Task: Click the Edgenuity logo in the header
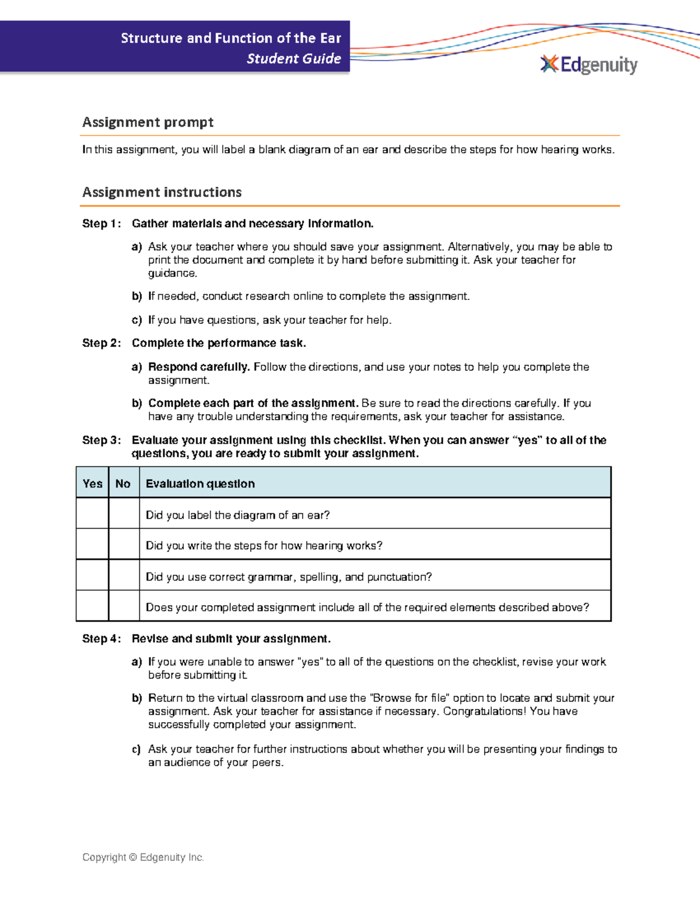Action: click(589, 64)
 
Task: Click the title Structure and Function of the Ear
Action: click(230, 39)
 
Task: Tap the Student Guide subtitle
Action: click(293, 58)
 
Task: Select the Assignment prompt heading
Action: click(148, 122)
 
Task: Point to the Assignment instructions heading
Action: click(162, 192)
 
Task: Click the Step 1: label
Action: click(101, 223)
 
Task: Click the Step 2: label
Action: click(101, 343)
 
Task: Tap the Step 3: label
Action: click(101, 440)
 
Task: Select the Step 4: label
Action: click(101, 638)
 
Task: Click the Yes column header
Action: click(92, 483)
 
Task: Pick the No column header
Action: click(123, 483)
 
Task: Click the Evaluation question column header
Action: click(200, 484)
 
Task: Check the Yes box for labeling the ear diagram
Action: click(92, 514)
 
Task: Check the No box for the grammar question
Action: click(124, 575)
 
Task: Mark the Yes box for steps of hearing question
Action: click(92, 544)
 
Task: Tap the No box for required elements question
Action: click(124, 606)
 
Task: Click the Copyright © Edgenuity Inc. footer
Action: click(143, 857)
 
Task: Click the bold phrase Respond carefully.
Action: click(199, 367)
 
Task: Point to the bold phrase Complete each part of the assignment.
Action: click(253, 403)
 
